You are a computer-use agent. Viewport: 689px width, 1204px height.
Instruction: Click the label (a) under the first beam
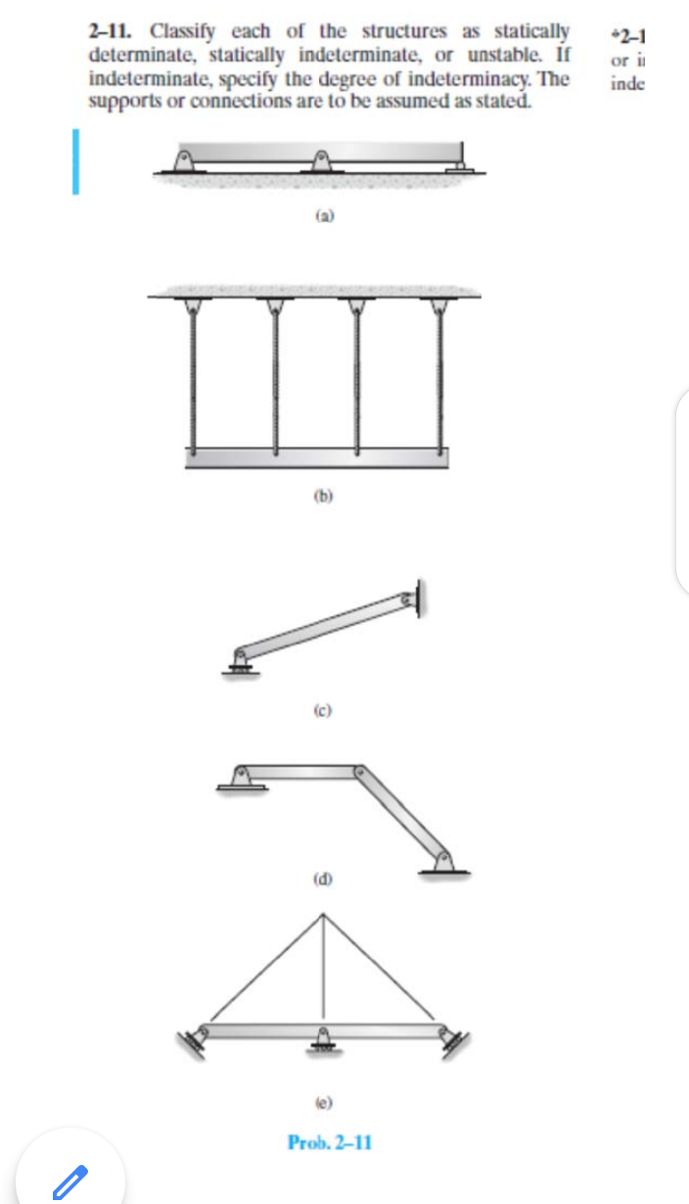(x=319, y=212)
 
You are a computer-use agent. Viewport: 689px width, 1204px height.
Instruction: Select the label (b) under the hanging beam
(x=319, y=497)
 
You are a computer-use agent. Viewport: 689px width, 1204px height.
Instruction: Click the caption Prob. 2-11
(x=329, y=1141)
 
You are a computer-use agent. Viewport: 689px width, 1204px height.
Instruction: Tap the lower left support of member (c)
(x=239, y=660)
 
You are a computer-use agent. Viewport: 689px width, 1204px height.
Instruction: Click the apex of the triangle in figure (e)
(x=325, y=914)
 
